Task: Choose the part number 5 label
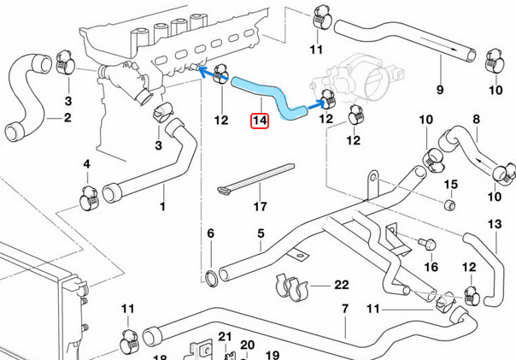point(261,233)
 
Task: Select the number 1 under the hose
point(163,206)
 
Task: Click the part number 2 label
point(67,117)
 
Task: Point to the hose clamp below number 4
point(88,199)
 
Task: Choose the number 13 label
point(495,224)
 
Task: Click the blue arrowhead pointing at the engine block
point(204,74)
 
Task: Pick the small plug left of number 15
point(447,206)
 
